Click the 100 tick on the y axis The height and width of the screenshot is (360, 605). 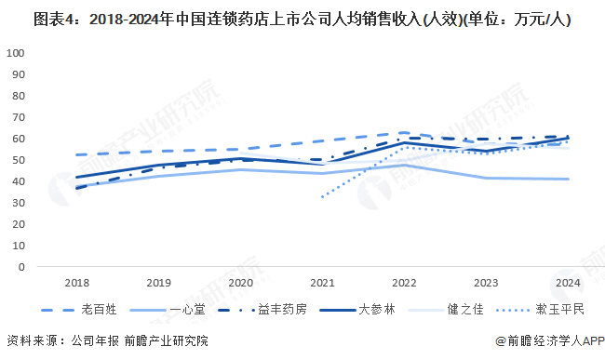pyautogui.click(x=15, y=53)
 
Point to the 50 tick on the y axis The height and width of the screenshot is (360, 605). pyautogui.click(x=18, y=160)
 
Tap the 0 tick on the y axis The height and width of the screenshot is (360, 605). pyautogui.click(x=20, y=267)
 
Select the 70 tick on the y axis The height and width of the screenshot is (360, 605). pyautogui.click(x=18, y=117)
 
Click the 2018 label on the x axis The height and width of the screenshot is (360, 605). pyautogui.click(x=77, y=282)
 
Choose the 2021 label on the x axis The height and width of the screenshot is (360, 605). pyautogui.click(x=322, y=282)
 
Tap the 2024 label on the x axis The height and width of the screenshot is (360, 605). pyautogui.click(x=567, y=282)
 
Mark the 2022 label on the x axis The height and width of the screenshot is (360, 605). pyautogui.click(x=404, y=282)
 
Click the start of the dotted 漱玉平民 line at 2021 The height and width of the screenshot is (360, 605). pyautogui.click(x=322, y=196)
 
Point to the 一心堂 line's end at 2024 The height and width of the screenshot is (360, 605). pyautogui.click(x=567, y=179)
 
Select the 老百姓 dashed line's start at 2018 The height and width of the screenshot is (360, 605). pyautogui.click(x=77, y=154)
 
